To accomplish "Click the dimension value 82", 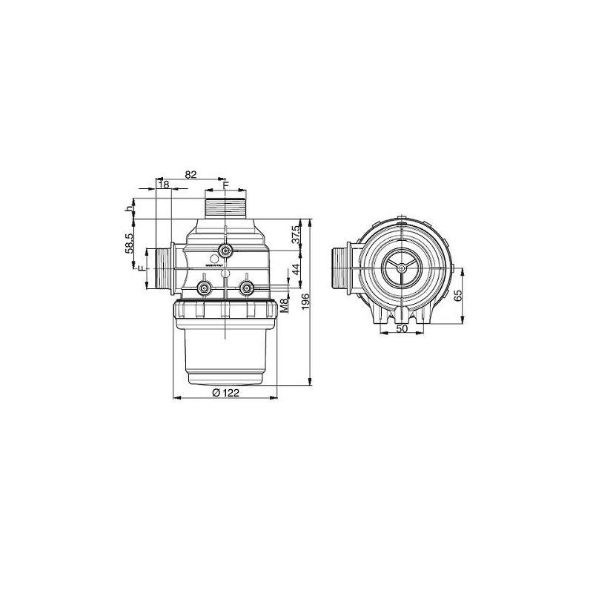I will [x=191, y=174].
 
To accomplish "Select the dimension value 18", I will [x=163, y=185].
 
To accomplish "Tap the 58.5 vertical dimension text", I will [x=130, y=244].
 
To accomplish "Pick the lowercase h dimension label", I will [x=129, y=209].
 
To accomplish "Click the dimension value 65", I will [x=459, y=294].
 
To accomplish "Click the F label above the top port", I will [x=226, y=185].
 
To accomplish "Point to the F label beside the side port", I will [x=142, y=268].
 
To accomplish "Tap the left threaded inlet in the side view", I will [x=163, y=268].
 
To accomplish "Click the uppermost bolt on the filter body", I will [x=225, y=250].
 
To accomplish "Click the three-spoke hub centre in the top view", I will [x=401, y=268].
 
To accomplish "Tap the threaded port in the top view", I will [x=342, y=268].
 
